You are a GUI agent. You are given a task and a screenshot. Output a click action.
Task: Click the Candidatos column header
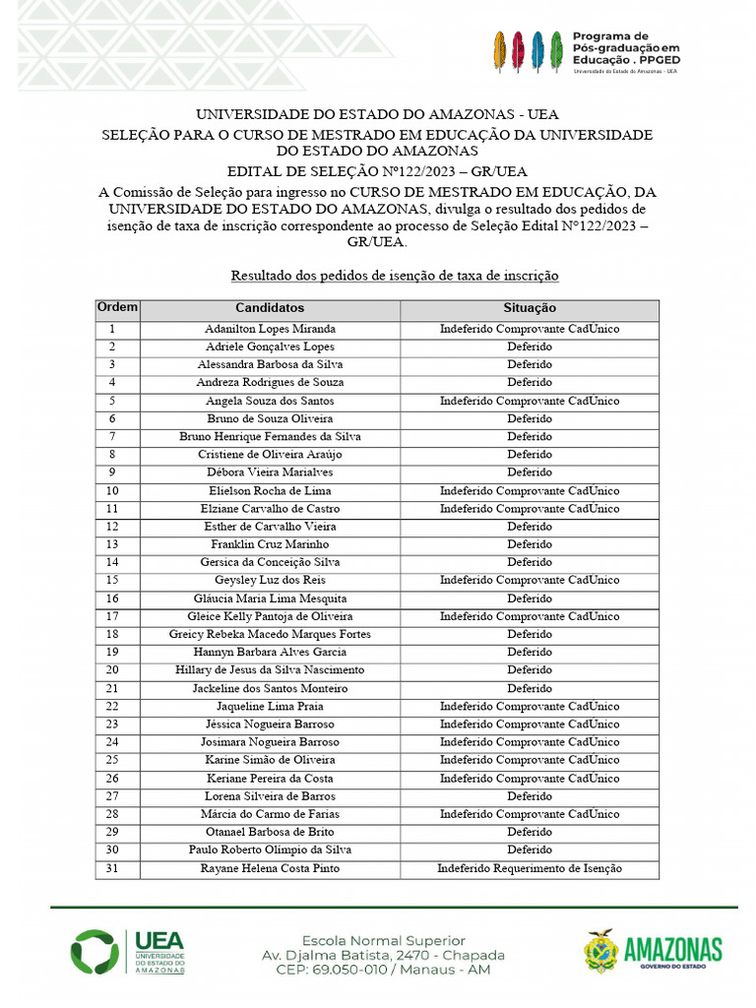point(270,308)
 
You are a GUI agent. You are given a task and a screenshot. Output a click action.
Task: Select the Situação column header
point(530,308)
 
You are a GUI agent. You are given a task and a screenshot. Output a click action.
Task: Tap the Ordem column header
point(117,307)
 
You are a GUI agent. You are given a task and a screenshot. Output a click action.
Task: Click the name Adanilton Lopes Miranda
point(270,329)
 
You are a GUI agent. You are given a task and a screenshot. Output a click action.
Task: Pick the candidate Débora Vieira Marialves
point(270,472)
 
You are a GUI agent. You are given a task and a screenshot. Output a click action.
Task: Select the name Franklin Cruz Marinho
point(270,544)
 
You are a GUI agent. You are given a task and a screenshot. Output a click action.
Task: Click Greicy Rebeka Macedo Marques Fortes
point(270,634)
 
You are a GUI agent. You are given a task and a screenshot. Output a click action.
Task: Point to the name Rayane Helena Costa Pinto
point(270,868)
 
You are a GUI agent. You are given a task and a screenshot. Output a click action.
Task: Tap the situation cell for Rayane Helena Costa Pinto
point(530,868)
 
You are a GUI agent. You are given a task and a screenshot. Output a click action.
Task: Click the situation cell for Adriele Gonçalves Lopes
point(530,346)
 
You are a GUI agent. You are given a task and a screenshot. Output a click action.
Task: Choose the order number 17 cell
point(112,616)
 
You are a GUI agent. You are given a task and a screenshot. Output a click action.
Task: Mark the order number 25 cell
point(112,760)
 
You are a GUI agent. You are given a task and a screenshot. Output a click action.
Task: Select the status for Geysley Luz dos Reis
point(530,581)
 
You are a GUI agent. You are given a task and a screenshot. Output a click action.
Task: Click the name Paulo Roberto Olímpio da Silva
point(270,850)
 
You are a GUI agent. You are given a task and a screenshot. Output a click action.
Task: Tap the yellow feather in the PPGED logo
point(500,51)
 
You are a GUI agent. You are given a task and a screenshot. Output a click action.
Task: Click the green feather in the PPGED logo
point(556,51)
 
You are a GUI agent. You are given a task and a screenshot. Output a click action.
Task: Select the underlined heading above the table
point(394,276)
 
